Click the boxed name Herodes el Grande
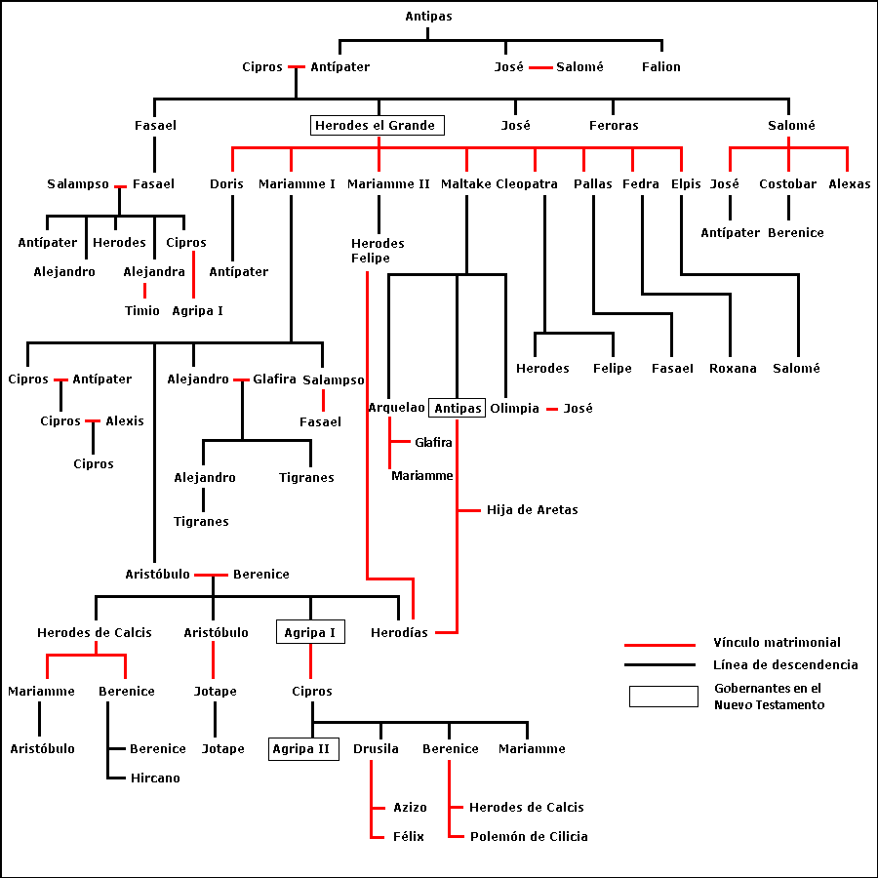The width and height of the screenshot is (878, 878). (378, 126)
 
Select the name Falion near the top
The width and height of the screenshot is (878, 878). (661, 67)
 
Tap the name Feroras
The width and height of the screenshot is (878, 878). (614, 126)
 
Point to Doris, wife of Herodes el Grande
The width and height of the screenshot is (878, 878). (226, 184)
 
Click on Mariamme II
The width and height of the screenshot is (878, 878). (388, 184)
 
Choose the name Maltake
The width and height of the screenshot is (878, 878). (465, 184)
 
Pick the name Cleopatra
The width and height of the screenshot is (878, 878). (527, 184)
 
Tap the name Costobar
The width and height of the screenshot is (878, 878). (788, 184)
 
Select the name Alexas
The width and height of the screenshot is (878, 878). (849, 184)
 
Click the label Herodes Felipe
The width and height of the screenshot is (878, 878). (378, 251)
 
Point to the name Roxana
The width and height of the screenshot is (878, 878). (733, 369)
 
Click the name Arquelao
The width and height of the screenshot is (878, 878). (396, 408)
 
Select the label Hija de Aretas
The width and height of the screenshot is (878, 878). (533, 510)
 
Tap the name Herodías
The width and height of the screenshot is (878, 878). (399, 633)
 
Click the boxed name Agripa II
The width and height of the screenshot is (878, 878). (303, 749)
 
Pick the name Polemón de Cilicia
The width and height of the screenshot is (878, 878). (529, 837)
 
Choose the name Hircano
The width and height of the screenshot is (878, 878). (155, 778)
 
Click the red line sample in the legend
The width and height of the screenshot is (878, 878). (659, 644)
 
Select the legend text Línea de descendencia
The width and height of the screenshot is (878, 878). (785, 665)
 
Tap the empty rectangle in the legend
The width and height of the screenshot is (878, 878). (663, 697)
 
